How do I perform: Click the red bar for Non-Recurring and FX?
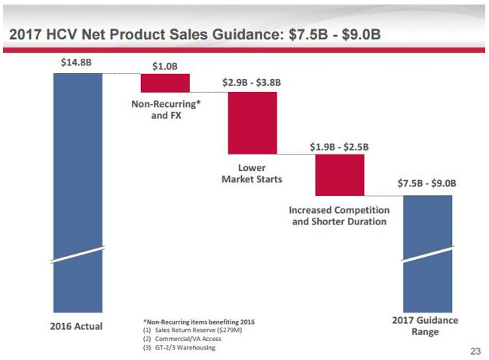[165, 83]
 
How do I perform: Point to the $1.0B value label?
[165, 66]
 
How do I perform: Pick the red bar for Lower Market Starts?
[252, 123]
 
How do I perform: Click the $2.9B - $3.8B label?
[252, 82]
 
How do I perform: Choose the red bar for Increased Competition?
[340, 175]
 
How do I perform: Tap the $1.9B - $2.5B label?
[340, 146]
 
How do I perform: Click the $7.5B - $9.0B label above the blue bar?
[427, 183]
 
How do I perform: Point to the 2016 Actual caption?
[77, 326]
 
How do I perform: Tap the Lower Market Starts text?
[252, 173]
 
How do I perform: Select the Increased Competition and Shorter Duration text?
[339, 215]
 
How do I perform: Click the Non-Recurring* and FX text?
[165, 111]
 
